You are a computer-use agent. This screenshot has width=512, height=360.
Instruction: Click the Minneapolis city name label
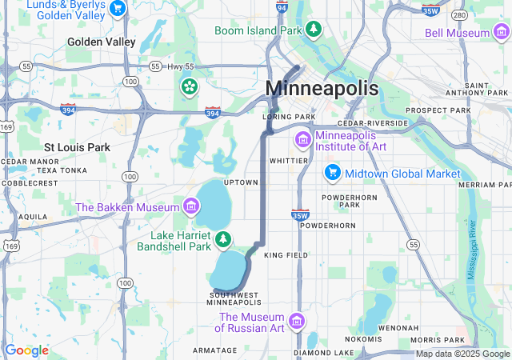click(322, 88)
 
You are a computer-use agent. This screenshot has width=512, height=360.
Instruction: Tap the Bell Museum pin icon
click(502, 33)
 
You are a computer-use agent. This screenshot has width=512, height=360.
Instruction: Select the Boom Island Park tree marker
click(314, 30)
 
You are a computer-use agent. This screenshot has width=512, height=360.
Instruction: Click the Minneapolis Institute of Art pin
click(302, 141)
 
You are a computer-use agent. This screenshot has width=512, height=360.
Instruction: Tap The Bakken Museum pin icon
click(190, 207)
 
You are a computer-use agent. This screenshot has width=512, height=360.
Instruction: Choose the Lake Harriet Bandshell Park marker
click(224, 238)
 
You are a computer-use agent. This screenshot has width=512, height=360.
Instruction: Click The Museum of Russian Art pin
click(297, 322)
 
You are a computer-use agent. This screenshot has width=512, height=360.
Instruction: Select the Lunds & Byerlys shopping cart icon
click(118, 9)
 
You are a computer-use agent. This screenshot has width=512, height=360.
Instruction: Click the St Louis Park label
click(78, 147)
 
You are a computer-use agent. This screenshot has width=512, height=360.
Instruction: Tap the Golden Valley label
click(102, 42)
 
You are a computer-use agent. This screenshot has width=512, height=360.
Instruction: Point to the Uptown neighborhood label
click(241, 182)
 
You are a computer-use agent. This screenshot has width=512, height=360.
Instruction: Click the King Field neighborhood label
click(286, 255)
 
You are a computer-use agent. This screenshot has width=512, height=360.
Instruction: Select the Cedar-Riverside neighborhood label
click(372, 123)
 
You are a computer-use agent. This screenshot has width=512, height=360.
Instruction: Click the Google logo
click(26, 350)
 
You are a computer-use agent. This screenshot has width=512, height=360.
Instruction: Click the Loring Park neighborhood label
click(289, 117)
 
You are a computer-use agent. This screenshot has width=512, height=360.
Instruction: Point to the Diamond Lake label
click(323, 353)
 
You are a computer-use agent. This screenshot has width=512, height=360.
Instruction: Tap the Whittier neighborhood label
click(289, 160)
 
